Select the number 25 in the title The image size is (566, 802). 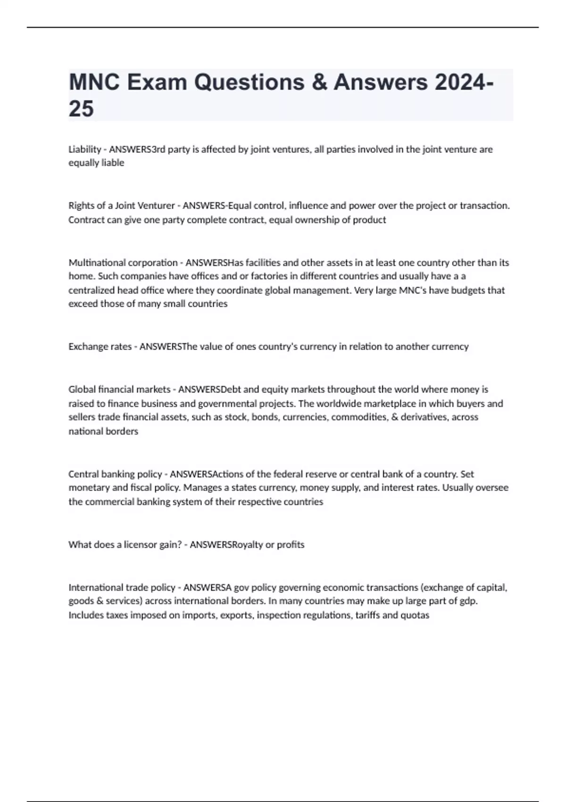pos(81,109)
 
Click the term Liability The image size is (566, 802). pos(85,150)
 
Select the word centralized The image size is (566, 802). pos(92,290)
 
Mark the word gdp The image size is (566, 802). pos(467,601)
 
